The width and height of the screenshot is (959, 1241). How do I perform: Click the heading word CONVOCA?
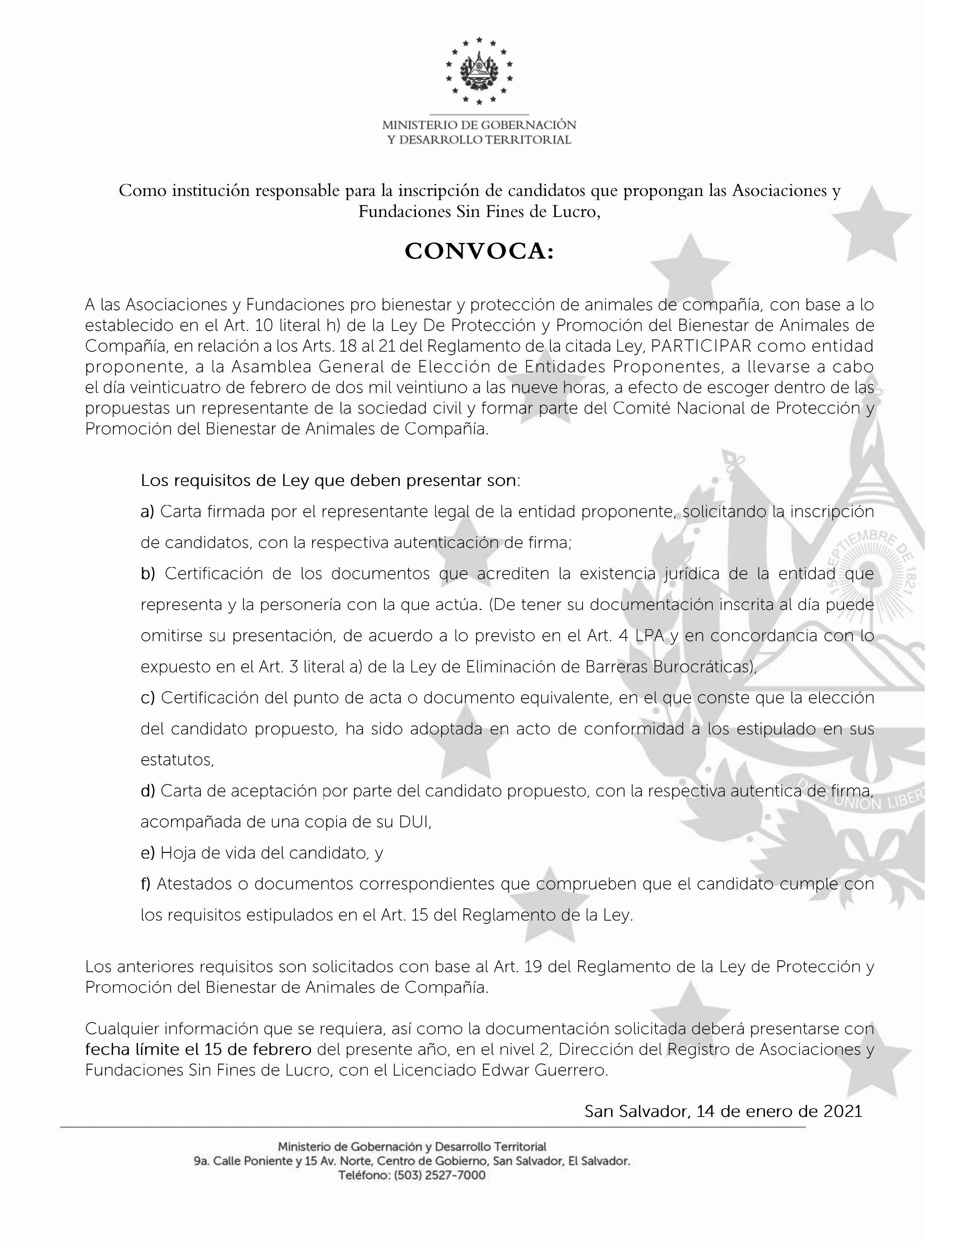click(x=478, y=252)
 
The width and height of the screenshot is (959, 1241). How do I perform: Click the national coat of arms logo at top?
click(x=479, y=71)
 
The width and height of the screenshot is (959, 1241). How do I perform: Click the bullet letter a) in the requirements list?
click(x=147, y=512)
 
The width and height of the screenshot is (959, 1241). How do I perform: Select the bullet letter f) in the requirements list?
click(x=146, y=884)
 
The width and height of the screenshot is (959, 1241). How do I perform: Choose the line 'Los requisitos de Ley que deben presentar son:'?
click(x=331, y=481)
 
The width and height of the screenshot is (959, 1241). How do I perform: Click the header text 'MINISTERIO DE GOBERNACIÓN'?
click(x=479, y=125)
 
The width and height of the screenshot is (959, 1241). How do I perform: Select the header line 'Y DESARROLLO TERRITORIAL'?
click(x=479, y=140)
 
